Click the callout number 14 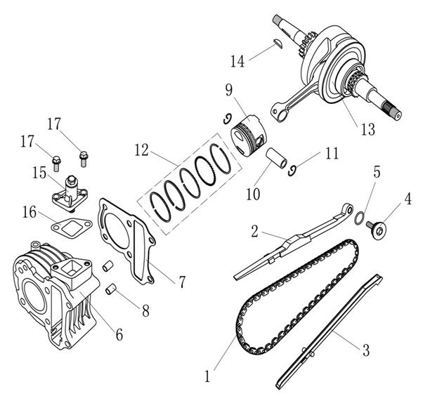[x=237, y=61]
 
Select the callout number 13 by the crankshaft [x=367, y=129]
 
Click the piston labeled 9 [x=249, y=136]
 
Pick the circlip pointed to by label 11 [x=292, y=171]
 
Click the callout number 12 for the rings [x=141, y=150]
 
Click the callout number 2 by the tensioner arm [x=255, y=231]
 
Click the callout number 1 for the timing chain [x=207, y=376]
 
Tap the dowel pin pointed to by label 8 [x=111, y=290]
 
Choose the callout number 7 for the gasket [x=182, y=282]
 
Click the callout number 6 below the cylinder [x=119, y=334]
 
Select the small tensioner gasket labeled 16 [x=72, y=228]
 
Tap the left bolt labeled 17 [x=56, y=164]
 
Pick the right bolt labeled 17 [x=84, y=159]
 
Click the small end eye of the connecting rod [x=278, y=112]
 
